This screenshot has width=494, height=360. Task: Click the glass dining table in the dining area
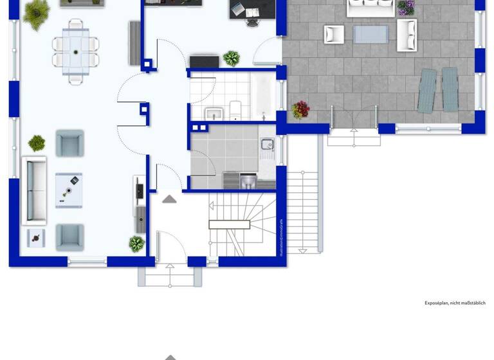[76, 48]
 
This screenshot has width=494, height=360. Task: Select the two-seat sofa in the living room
[35, 190]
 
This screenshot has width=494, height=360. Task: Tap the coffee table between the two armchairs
[69, 190]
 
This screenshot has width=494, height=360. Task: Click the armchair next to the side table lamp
[69, 237]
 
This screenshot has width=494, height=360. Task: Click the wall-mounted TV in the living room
[139, 190]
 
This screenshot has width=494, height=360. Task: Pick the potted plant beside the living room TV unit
[136, 244]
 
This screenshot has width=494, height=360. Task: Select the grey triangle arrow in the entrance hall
[169, 199]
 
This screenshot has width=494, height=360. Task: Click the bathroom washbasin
[214, 114]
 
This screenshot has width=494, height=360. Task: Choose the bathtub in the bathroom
[265, 96]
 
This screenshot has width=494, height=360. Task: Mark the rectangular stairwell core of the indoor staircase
[229, 224]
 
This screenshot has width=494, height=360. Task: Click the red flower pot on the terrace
[300, 110]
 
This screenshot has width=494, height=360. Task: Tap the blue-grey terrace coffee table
[371, 34]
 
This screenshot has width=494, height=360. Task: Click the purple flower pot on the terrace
[406, 7]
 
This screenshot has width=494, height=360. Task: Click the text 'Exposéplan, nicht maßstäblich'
[455, 303]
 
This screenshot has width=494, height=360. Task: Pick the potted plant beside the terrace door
[231, 59]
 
